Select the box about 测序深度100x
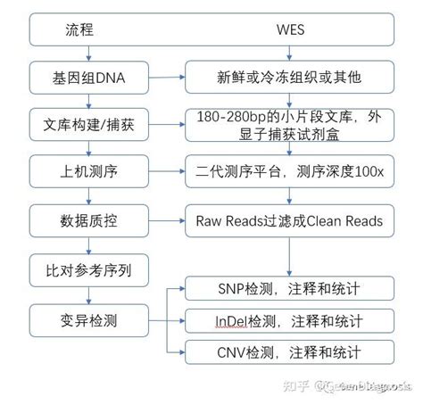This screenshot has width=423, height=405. pyautogui.click(x=289, y=169)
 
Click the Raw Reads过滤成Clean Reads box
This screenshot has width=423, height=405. pyautogui.click(x=289, y=218)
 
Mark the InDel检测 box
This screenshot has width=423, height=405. pyautogui.click(x=289, y=318)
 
